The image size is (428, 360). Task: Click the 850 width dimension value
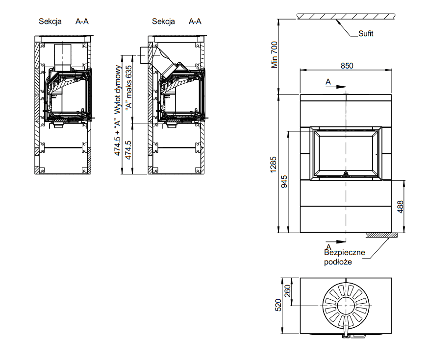point(347,66)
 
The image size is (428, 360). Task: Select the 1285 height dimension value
point(273,165)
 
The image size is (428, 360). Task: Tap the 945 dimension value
point(284,181)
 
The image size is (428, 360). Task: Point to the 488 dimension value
point(400,207)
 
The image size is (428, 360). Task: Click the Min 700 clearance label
point(275,54)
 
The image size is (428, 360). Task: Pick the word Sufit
point(366,33)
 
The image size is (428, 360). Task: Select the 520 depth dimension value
point(278,305)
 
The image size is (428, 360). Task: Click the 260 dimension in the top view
point(287,291)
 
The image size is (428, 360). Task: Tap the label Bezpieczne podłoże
point(345,257)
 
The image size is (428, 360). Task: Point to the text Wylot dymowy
point(118,89)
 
